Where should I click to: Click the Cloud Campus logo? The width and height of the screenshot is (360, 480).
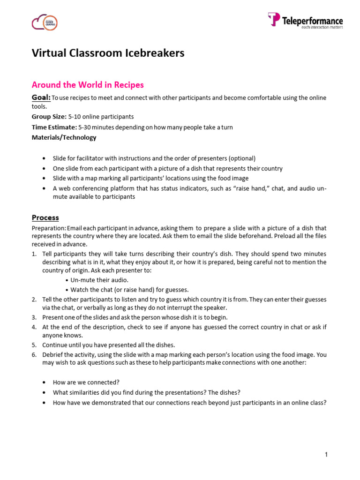tap(45, 22)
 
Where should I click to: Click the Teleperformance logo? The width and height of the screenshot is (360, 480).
tap(305, 21)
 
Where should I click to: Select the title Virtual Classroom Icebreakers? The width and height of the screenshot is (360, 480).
tap(108, 53)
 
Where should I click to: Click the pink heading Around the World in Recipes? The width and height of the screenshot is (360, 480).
tap(88, 85)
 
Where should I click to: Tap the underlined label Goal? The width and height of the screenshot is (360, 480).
tap(41, 97)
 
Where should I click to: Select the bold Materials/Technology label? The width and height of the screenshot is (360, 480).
tap(64, 137)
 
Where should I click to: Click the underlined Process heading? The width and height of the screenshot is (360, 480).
tap(45, 217)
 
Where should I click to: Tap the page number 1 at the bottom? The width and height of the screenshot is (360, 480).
tap(326, 454)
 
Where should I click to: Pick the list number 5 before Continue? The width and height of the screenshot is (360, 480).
tap(34, 345)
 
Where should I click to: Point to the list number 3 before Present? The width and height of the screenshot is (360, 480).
tap(34, 317)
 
